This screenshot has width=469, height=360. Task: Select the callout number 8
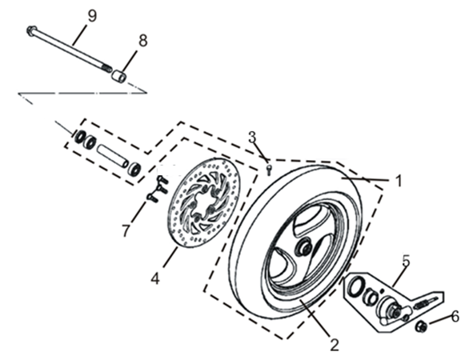point(142,39)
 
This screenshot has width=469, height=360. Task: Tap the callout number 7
point(124,230)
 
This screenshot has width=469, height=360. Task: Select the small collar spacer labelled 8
point(119,76)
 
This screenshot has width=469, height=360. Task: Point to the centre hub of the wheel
point(305,248)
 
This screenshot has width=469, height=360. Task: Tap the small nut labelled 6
point(423,326)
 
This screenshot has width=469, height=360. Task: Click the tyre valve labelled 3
point(270,167)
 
